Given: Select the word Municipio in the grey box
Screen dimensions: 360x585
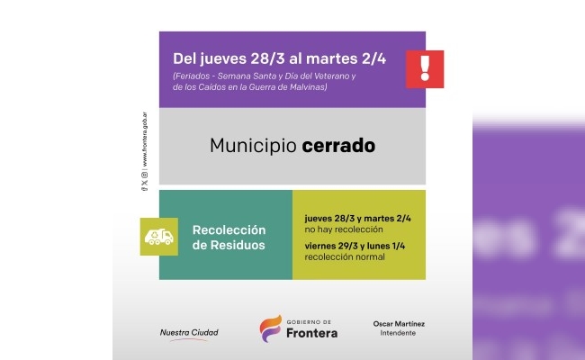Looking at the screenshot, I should pyautogui.click(x=251, y=144).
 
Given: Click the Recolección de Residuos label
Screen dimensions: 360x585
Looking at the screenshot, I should pyautogui.click(x=229, y=237).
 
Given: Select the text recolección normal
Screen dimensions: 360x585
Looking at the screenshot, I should pyautogui.click(x=345, y=257).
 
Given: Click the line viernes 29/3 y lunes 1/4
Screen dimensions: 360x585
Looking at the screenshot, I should pyautogui.click(x=354, y=246).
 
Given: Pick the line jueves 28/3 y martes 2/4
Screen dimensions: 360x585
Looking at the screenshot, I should pyautogui.click(x=357, y=217).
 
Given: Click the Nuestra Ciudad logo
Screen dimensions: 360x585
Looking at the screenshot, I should pyautogui.click(x=188, y=333).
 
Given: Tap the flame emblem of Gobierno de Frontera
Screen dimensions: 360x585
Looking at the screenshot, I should pyautogui.click(x=270, y=328).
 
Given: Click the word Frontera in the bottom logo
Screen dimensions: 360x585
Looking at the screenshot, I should pyautogui.click(x=312, y=333).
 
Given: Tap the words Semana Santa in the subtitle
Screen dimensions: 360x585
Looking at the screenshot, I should pyautogui.click(x=238, y=76).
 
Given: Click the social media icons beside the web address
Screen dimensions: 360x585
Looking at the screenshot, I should pyautogui.click(x=145, y=182).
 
